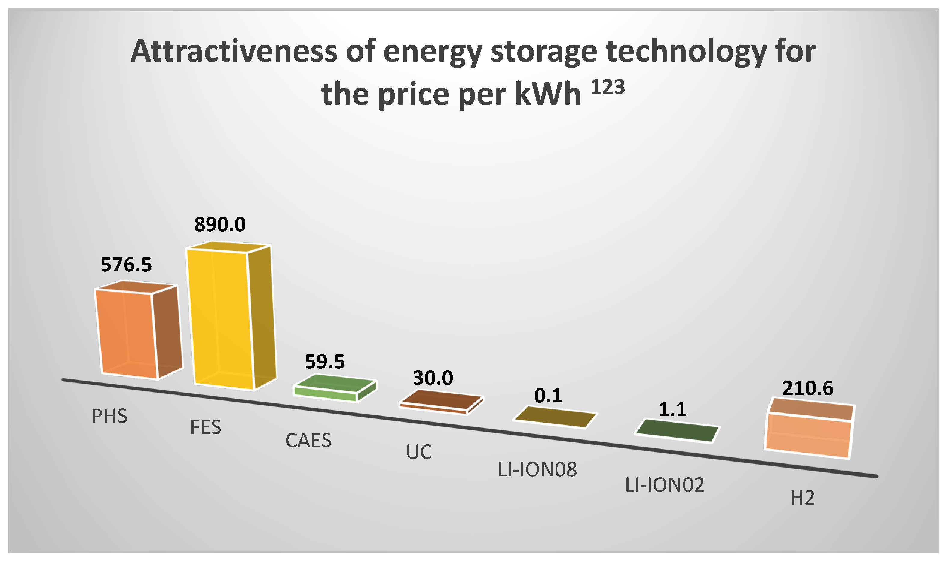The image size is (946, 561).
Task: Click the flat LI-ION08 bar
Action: pyautogui.click(x=554, y=417)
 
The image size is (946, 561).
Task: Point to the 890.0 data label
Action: pyautogui.click(x=220, y=225)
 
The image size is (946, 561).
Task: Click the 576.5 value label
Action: pyautogui.click(x=126, y=265)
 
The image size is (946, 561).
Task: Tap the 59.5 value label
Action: pyautogui.click(x=325, y=362)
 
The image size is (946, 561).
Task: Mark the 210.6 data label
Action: pyautogui.click(x=808, y=388)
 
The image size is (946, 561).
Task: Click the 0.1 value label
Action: pyautogui.click(x=548, y=396)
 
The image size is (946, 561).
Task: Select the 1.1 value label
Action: pyautogui.click(x=672, y=409)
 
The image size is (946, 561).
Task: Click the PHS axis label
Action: pyautogui.click(x=109, y=416)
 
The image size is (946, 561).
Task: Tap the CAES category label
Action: pyautogui.click(x=308, y=440)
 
